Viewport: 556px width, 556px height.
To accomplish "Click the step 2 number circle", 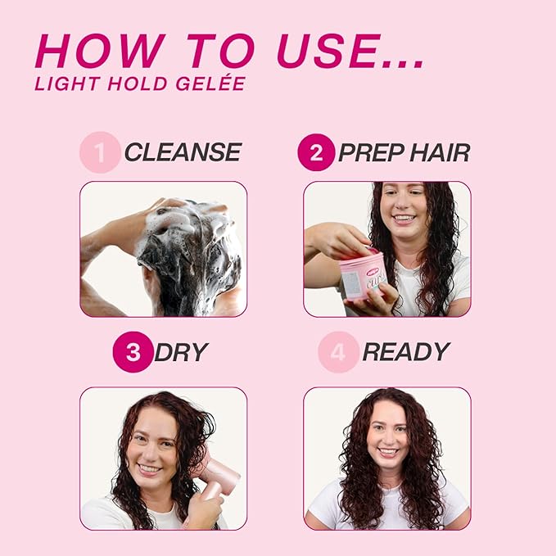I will [316, 152].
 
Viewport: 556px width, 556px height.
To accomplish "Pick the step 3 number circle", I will [133, 353].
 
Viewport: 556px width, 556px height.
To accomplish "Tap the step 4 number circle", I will [338, 353].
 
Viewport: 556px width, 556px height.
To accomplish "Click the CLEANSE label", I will [182, 152].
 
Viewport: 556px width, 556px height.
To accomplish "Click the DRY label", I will [180, 353].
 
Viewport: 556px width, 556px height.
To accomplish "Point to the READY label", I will [405, 353].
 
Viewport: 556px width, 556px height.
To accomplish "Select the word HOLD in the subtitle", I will [128, 83].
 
